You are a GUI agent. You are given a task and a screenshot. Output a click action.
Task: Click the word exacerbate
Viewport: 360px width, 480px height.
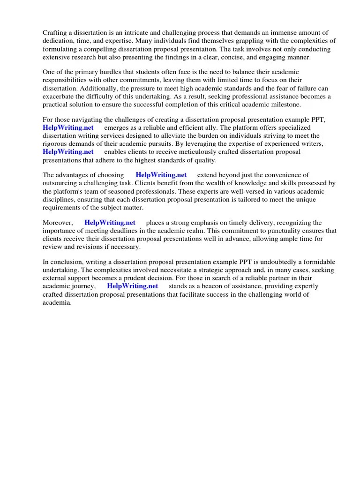pyautogui.click(x=58, y=97)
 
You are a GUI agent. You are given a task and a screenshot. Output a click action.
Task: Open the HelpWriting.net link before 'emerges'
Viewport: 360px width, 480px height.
pyautogui.click(x=68, y=127)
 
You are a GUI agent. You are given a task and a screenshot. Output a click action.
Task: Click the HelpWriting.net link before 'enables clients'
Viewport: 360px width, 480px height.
pyautogui.click(x=68, y=152)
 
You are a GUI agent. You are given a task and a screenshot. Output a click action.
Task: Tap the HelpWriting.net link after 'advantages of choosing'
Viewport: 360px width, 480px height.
pyautogui.click(x=161, y=175)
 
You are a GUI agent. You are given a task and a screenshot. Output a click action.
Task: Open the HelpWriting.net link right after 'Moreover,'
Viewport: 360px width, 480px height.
pyautogui.click(x=110, y=223)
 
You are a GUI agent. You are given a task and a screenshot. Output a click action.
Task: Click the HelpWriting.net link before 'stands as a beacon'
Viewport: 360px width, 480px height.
pyautogui.click(x=133, y=286)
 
